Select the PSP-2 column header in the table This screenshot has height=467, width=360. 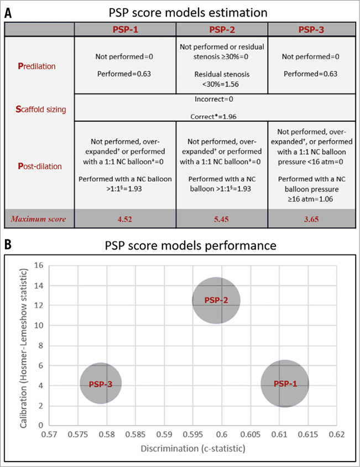tap(221, 29)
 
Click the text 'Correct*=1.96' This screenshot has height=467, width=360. tap(216, 117)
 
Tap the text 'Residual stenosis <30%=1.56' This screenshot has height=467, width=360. tap(221, 77)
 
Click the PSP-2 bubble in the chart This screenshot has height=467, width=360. tap(216, 300)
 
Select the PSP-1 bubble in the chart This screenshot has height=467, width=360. tap(285, 383)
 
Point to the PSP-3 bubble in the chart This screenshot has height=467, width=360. tap(100, 383)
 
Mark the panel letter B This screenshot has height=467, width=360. tap(9, 243)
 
